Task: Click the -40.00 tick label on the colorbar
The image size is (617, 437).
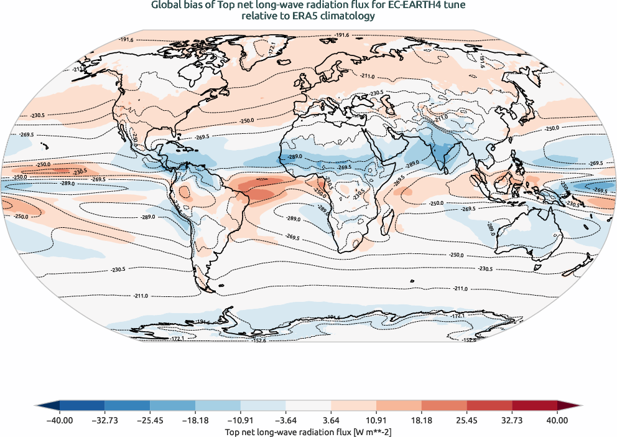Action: point(60,420)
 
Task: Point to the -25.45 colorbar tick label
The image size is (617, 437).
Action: point(150,420)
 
